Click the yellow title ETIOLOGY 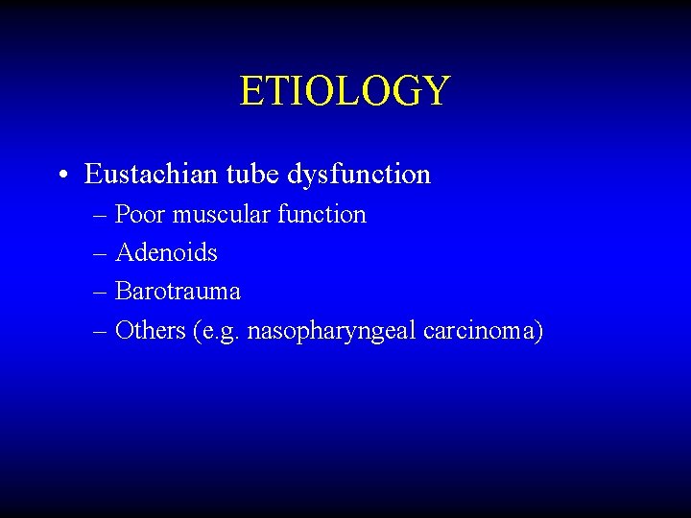point(345,91)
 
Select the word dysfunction point(359,176)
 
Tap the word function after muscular point(322,214)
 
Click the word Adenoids point(166,253)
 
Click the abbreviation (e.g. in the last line point(217,332)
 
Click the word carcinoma point(486,332)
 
